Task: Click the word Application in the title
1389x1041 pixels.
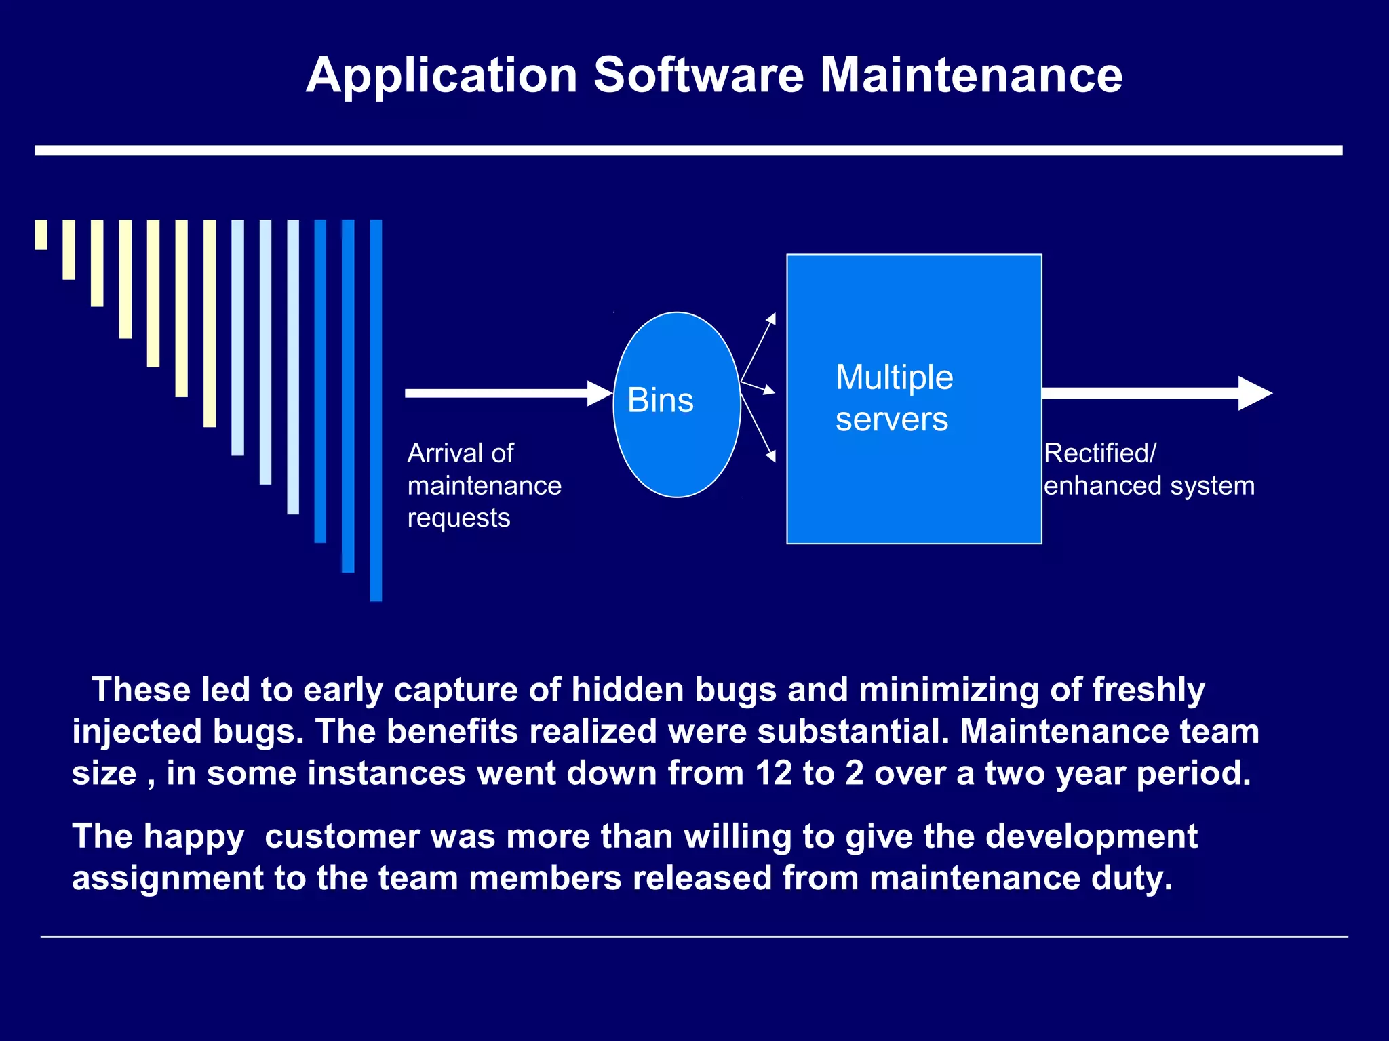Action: [x=442, y=76]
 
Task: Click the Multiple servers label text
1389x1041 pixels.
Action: [x=894, y=398]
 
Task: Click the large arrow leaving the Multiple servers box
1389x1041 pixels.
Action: [x=1156, y=393]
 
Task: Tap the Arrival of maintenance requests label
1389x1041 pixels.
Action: [x=484, y=485]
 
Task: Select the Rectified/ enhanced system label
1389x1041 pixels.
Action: [x=1149, y=470]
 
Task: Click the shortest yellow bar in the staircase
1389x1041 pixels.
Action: [x=41, y=234]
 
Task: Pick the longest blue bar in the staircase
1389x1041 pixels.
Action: [x=376, y=410]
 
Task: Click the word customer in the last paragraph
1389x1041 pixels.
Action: [x=342, y=836]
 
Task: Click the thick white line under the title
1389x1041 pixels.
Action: [x=688, y=150]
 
